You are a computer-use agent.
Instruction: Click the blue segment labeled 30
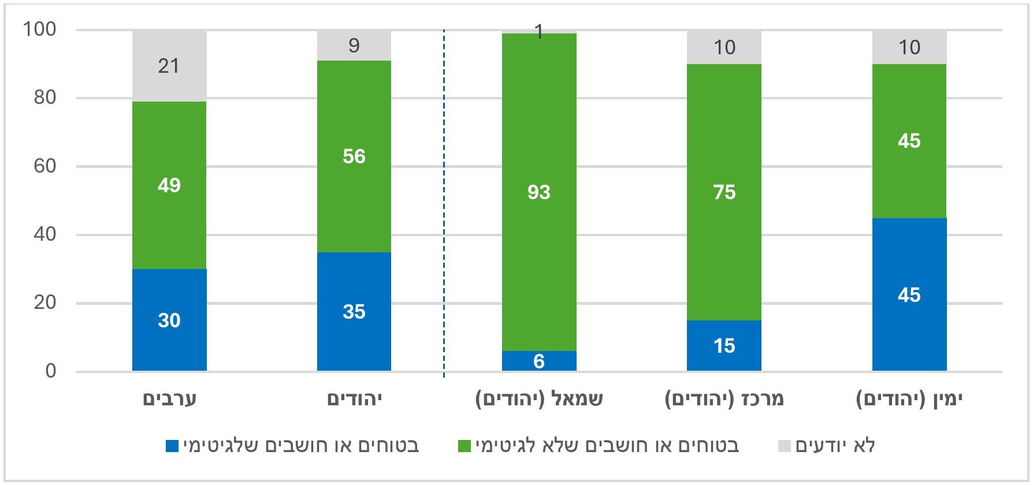(x=169, y=320)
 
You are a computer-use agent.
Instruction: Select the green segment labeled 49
(x=169, y=185)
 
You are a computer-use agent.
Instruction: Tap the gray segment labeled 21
(x=169, y=66)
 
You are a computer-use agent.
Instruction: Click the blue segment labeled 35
(x=354, y=311)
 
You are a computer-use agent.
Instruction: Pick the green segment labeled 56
(x=354, y=156)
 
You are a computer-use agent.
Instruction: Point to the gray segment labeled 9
(x=354, y=46)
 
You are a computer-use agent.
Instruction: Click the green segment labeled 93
(x=539, y=192)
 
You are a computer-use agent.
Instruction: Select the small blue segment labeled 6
(x=539, y=361)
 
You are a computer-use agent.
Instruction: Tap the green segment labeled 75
(x=724, y=192)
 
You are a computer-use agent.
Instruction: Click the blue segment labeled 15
(x=724, y=345)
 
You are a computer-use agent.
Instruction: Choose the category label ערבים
(x=170, y=399)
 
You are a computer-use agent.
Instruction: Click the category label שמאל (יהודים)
(x=539, y=399)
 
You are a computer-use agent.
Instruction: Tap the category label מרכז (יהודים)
(x=724, y=399)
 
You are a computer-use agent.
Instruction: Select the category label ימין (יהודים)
(x=909, y=399)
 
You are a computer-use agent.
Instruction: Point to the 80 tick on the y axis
(x=45, y=98)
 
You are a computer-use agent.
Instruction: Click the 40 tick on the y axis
(x=45, y=234)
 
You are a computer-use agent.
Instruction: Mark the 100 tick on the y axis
(x=40, y=29)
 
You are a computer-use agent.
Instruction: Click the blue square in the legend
(x=172, y=446)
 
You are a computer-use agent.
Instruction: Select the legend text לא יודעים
(x=835, y=446)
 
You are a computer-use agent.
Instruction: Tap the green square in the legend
(x=464, y=446)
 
